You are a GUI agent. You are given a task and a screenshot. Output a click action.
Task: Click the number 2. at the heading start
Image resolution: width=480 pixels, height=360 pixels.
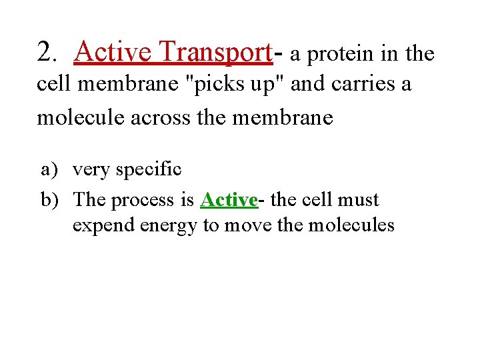tap(49, 51)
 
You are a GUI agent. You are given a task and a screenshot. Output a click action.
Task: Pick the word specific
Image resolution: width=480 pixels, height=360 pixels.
tap(149, 170)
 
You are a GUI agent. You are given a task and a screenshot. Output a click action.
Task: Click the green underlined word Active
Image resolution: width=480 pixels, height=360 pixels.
tap(228, 200)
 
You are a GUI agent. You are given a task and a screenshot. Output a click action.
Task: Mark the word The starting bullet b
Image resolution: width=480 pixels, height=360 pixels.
tap(90, 200)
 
